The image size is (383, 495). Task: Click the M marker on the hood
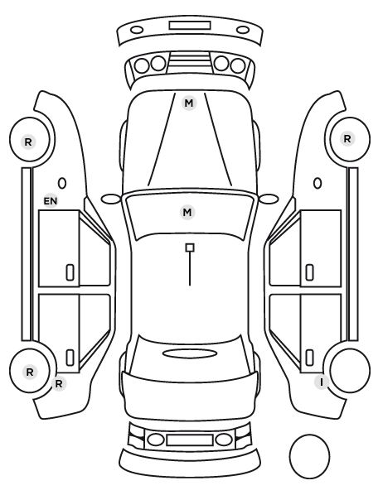click(189, 103)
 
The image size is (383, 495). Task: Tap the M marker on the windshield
click(187, 212)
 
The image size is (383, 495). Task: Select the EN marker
click(51, 201)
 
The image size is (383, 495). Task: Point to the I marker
click(322, 382)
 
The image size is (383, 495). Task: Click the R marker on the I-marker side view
click(347, 138)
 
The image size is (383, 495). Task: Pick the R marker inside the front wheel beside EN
click(28, 142)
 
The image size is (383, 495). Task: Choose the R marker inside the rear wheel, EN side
click(30, 372)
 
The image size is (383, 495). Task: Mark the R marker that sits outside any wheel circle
click(59, 383)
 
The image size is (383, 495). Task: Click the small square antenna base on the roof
click(190, 247)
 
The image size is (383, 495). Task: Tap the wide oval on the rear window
click(190, 353)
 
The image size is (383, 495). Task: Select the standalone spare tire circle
click(309, 456)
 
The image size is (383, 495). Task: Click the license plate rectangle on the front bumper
click(190, 26)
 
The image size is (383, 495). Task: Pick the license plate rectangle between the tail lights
click(190, 440)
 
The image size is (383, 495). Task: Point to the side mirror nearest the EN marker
click(111, 199)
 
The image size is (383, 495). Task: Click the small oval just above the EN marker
click(62, 183)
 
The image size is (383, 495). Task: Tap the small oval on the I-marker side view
click(318, 183)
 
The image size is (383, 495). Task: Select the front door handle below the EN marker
click(70, 272)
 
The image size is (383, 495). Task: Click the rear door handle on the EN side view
click(70, 358)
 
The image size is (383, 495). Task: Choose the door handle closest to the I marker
click(309, 358)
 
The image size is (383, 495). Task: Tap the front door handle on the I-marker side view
click(309, 272)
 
